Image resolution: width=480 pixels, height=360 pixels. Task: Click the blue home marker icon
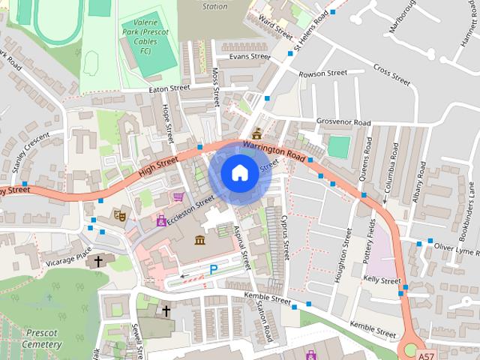coord(238,173)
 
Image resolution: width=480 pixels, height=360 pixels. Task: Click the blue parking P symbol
coord(214,268)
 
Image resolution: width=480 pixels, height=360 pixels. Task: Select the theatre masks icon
coord(118,214)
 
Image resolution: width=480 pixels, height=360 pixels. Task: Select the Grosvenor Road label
coord(343,122)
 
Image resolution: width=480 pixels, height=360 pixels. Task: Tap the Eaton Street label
coord(170,88)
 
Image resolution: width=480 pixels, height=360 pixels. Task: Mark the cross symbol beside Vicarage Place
coord(98,261)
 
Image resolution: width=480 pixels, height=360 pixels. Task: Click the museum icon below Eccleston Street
coord(200,239)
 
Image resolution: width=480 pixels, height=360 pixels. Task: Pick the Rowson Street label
coord(323,73)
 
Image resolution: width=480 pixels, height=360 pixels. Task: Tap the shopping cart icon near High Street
coord(178,197)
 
